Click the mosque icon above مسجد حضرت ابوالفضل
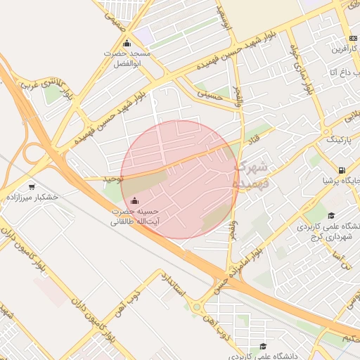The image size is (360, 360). click(127, 43)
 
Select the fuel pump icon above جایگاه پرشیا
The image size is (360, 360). click(342, 169)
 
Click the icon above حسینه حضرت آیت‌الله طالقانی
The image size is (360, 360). click(134, 201)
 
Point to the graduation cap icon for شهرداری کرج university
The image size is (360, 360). click(331, 215)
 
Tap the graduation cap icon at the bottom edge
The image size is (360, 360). click(263, 346)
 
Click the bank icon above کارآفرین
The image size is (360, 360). click(352, 39)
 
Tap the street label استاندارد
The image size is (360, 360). click(175, 288)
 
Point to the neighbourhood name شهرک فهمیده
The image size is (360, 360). click(251, 175)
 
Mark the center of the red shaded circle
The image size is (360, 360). click(179, 179)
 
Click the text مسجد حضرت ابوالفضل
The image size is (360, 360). click(127, 58)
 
